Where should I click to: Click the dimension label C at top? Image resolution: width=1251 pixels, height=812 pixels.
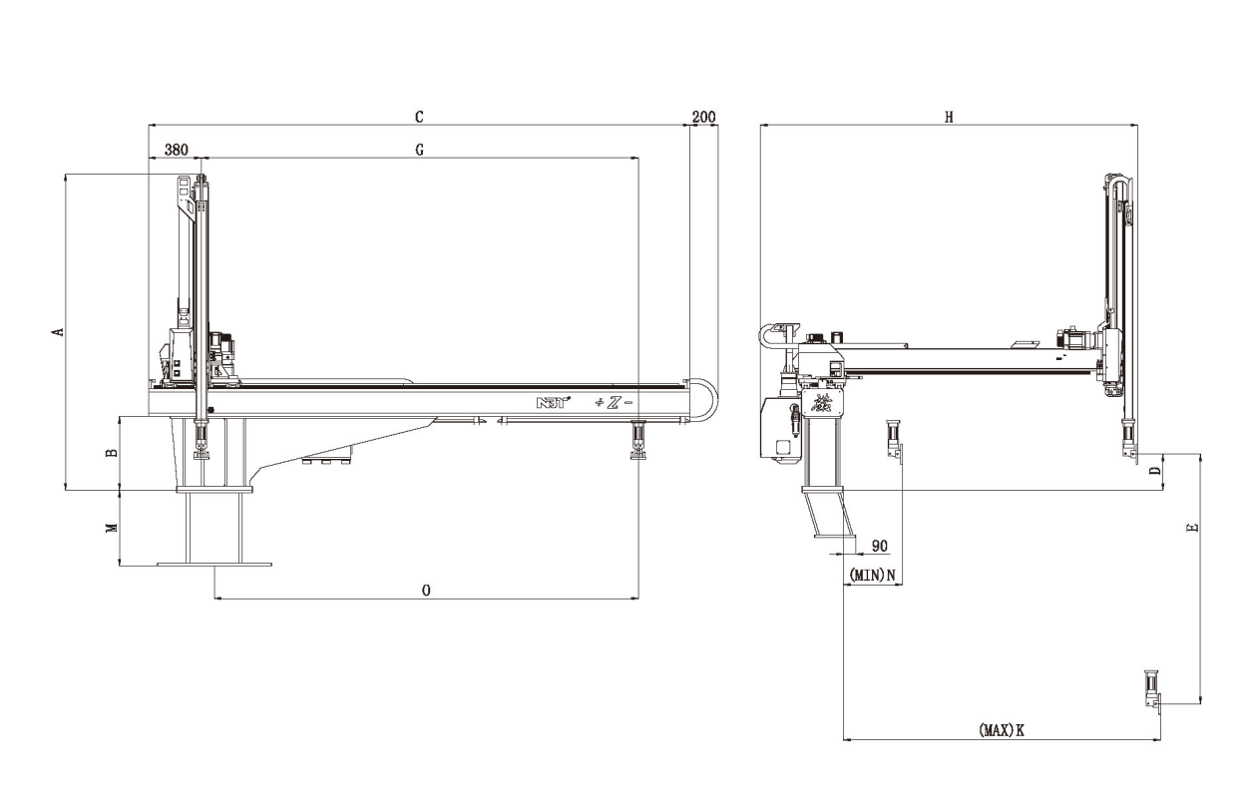pyautogui.click(x=419, y=117)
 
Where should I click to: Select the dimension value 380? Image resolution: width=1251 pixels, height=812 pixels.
pyautogui.click(x=176, y=149)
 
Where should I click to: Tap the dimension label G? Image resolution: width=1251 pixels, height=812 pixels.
pyautogui.click(x=419, y=149)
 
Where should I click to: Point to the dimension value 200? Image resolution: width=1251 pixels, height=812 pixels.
pyautogui.click(x=703, y=117)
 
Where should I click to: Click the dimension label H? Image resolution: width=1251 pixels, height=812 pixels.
pyautogui.click(x=949, y=117)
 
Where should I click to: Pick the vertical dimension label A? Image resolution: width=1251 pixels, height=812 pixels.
pyautogui.click(x=59, y=331)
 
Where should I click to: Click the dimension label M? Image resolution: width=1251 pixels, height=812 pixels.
pyautogui.click(x=112, y=528)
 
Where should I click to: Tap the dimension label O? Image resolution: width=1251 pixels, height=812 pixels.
pyautogui.click(x=426, y=591)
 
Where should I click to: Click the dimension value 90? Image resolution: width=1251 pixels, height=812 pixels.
pyautogui.click(x=880, y=546)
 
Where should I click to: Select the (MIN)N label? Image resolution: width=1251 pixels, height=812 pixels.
pyautogui.click(x=872, y=575)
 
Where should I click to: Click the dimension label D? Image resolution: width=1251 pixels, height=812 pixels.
pyautogui.click(x=1154, y=472)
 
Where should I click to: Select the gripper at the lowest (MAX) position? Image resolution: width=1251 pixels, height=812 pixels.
pyautogui.click(x=1151, y=690)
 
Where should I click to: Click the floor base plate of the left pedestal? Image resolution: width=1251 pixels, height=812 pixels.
pyautogui.click(x=213, y=564)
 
